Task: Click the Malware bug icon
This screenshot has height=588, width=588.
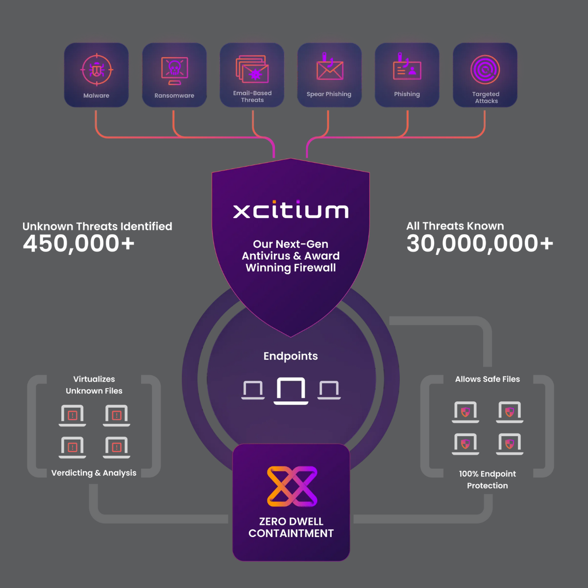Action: (97, 70)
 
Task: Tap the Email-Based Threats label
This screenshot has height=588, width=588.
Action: (252, 97)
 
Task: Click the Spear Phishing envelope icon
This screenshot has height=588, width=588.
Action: (330, 69)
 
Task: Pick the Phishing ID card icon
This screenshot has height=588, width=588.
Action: (407, 69)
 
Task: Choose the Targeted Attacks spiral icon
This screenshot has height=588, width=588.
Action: (485, 70)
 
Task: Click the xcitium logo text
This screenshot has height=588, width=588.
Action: (291, 210)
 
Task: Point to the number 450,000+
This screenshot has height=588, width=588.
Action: (78, 244)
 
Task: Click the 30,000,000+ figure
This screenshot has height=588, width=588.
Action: (480, 244)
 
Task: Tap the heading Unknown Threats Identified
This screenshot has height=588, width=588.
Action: (97, 226)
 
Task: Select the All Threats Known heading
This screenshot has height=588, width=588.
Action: (455, 226)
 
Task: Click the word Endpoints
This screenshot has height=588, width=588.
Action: (291, 356)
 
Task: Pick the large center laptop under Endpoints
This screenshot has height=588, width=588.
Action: (291, 391)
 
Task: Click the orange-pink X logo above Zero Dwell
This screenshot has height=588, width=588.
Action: (292, 486)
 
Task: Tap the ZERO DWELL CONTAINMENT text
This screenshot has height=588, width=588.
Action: (291, 527)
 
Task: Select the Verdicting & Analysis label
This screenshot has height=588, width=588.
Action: (94, 473)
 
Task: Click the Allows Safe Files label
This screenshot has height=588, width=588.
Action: (487, 379)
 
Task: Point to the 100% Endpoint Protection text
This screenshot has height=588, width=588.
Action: (487, 480)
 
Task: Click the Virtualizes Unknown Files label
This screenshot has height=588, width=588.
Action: (94, 385)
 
